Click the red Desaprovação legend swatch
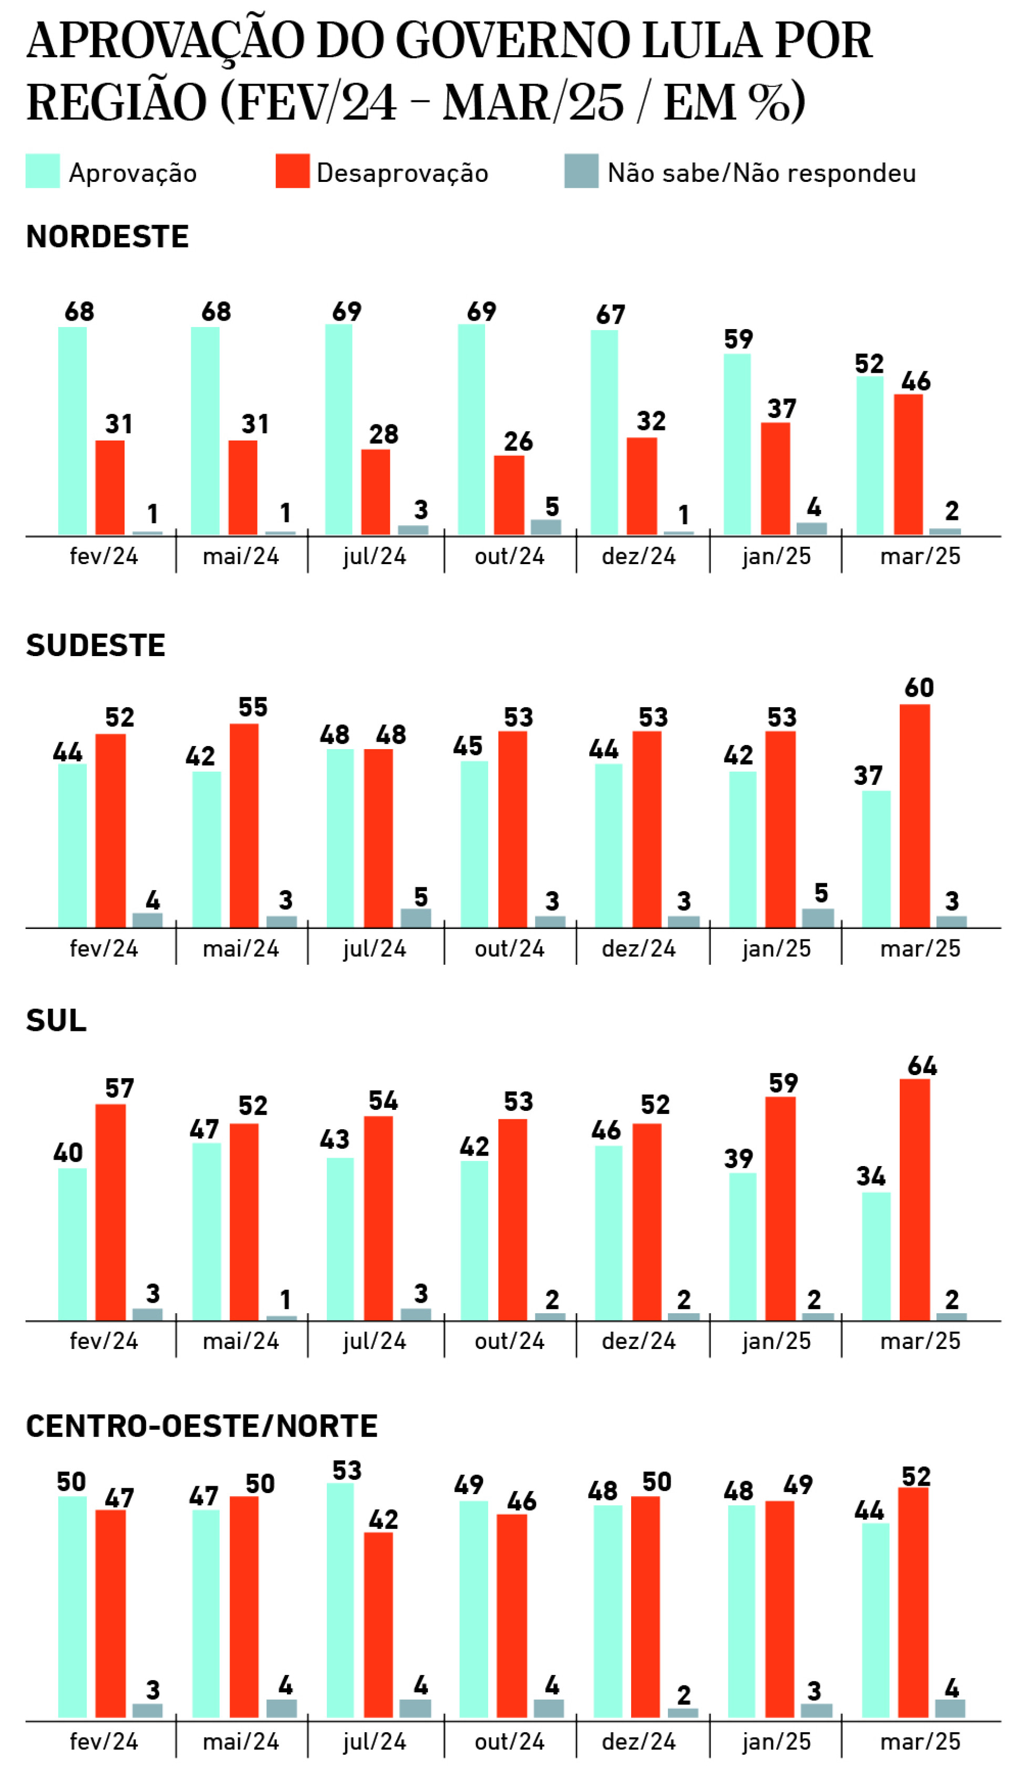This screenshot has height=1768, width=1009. click(292, 171)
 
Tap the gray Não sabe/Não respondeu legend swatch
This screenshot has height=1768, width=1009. click(581, 171)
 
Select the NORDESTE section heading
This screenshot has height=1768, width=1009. click(107, 237)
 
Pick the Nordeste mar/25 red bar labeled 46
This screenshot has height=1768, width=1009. click(908, 464)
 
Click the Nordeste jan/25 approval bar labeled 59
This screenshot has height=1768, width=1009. click(737, 444)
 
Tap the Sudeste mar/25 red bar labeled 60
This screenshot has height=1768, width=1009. click(915, 816)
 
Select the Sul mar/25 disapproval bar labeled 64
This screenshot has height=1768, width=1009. click(915, 1200)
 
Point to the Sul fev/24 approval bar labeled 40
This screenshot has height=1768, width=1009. click(72, 1244)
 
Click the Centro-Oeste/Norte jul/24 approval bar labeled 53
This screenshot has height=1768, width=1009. click(339, 1600)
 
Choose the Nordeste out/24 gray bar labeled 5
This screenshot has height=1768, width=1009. click(546, 527)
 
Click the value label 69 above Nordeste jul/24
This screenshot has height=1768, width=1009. click(346, 312)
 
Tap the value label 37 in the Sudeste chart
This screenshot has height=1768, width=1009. click(868, 775)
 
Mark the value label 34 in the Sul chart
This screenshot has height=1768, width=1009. click(870, 1176)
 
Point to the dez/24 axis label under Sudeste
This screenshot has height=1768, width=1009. click(639, 948)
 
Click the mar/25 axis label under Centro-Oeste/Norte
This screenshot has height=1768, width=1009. click(920, 1741)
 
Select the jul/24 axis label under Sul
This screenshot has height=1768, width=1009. click(374, 1341)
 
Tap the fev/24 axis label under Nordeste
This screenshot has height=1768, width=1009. click(104, 556)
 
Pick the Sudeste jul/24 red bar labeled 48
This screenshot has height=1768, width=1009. click(378, 838)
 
